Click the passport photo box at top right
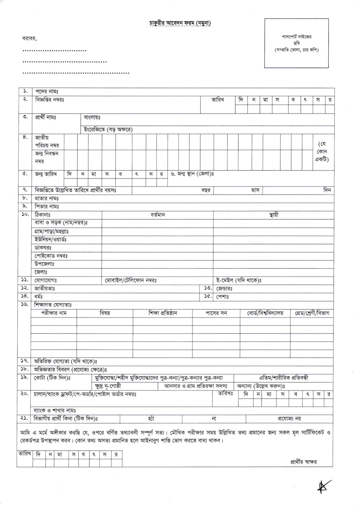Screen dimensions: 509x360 click(x=296, y=43)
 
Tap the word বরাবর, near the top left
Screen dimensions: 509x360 click(x=30, y=39)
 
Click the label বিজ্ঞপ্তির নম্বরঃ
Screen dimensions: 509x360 click(x=50, y=100)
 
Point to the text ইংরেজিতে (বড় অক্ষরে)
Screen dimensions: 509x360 click(x=108, y=129)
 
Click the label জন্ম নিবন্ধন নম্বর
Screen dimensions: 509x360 click(x=47, y=157)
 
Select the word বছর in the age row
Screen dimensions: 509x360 click(x=206, y=190)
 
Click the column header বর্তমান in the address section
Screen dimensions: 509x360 click(x=158, y=215)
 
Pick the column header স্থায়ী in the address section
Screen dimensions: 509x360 click(x=273, y=215)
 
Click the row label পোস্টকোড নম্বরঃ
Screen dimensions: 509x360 click(x=51, y=256)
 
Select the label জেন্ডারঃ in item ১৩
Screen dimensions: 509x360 click(x=225, y=289)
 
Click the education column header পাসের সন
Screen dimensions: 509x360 click(x=216, y=313)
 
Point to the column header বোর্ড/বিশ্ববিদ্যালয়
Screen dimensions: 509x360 click(x=265, y=313)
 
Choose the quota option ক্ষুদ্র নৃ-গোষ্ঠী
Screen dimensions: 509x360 click(x=108, y=386)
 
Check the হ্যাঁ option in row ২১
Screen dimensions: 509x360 click(x=151, y=419)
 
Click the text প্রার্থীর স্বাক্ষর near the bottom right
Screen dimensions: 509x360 click(x=303, y=462)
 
